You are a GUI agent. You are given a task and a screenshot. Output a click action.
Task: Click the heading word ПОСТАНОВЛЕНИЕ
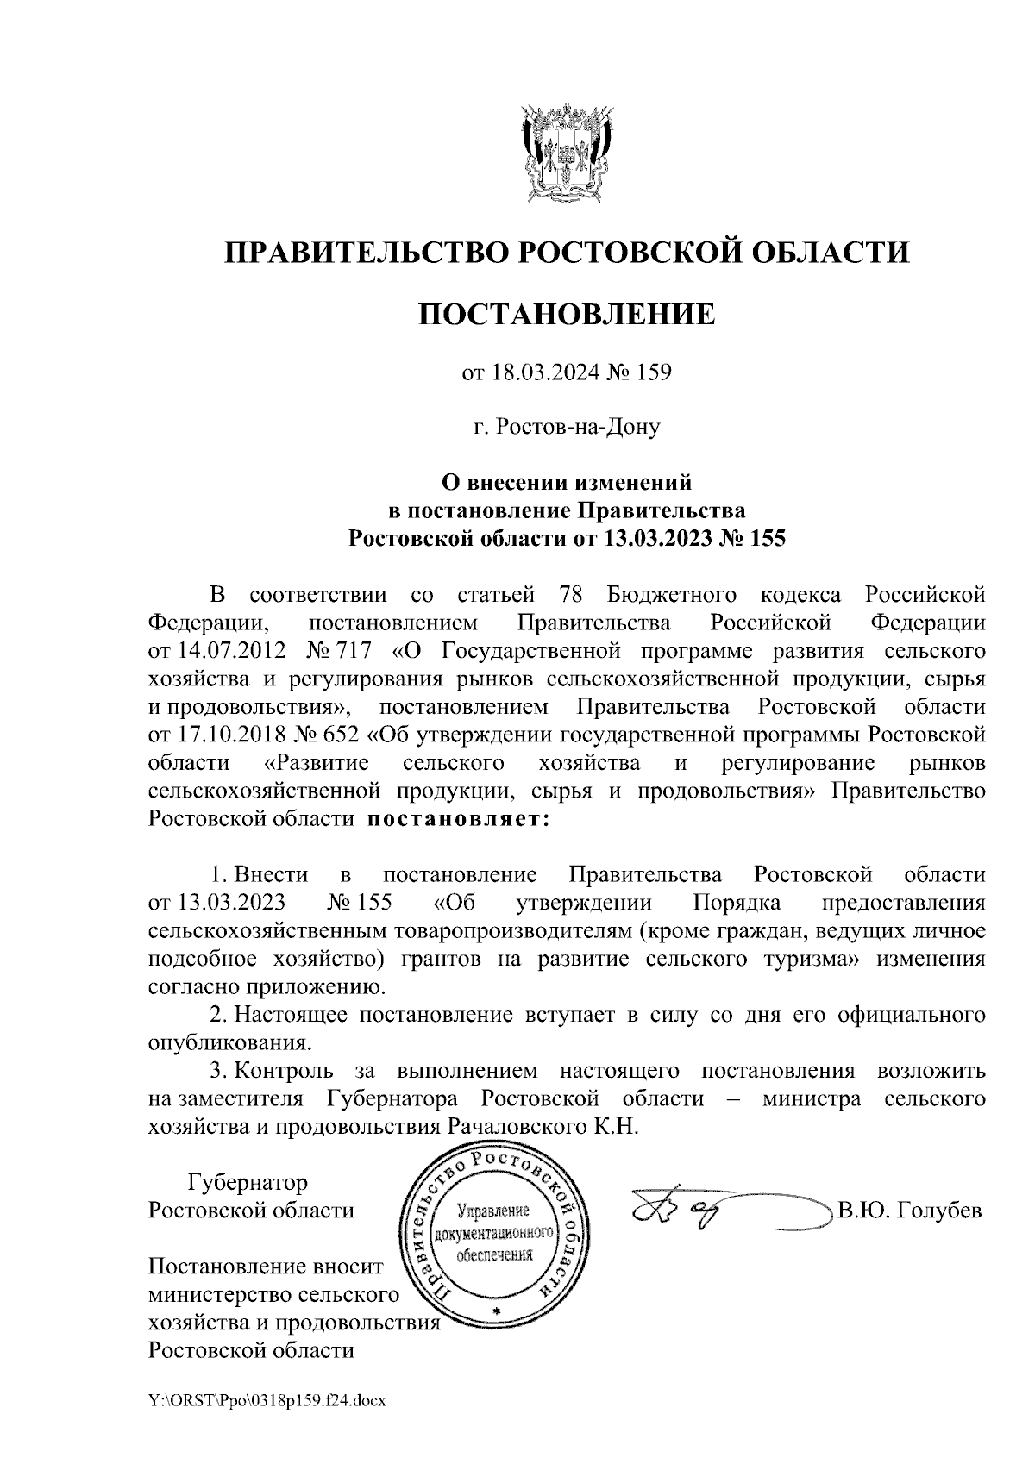pos(567,315)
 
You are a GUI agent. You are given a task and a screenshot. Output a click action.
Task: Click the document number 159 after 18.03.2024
pos(655,373)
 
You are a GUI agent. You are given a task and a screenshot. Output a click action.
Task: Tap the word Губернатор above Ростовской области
pos(248,1182)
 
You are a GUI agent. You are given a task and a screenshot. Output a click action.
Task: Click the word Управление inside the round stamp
pos(493,1211)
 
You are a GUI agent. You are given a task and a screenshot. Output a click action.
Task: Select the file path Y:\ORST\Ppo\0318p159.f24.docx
pos(267,1401)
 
